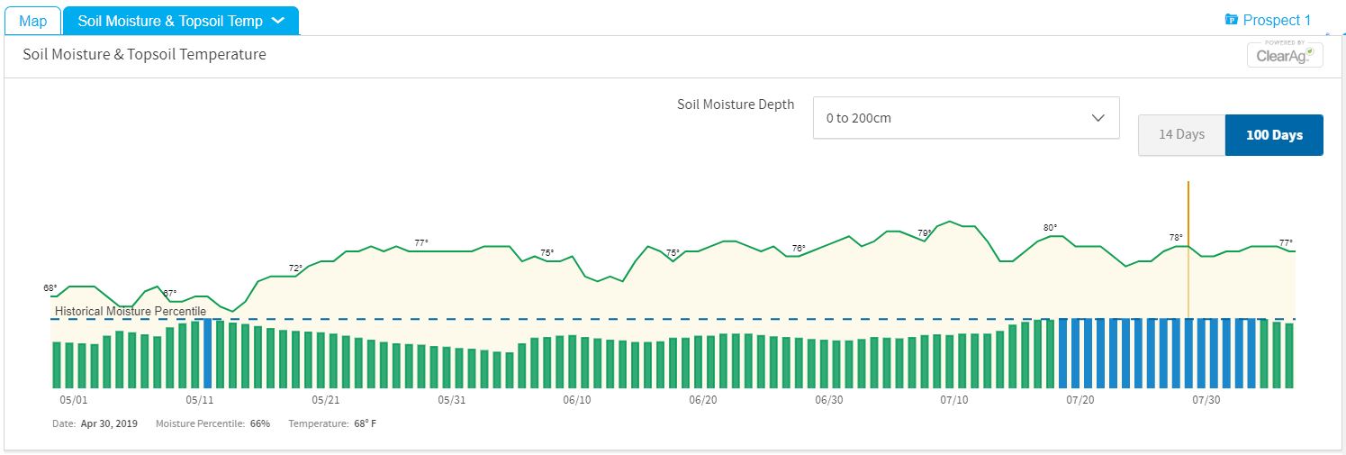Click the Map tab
click(x=33, y=21)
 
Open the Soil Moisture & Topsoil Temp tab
click(x=180, y=21)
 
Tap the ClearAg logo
click(x=1285, y=54)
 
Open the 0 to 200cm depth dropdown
click(x=965, y=118)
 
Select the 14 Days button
click(x=1181, y=135)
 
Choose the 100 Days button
click(x=1274, y=135)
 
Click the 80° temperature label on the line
click(x=1050, y=228)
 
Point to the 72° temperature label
click(x=295, y=268)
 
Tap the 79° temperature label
click(x=925, y=233)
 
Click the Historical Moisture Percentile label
click(x=131, y=312)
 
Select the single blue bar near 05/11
click(x=208, y=354)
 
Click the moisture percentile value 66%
click(x=260, y=423)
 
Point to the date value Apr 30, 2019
click(x=109, y=423)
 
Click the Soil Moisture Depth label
click(x=736, y=105)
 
